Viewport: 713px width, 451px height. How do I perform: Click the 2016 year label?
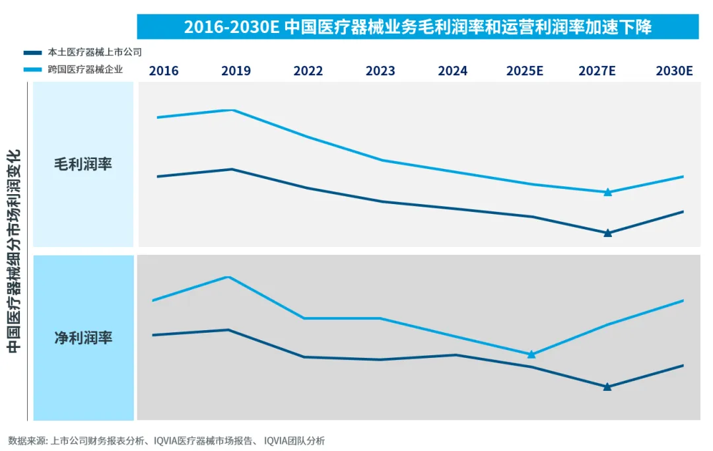[164, 71]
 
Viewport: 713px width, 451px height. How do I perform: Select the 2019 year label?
[236, 71]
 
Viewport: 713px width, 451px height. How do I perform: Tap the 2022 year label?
[308, 71]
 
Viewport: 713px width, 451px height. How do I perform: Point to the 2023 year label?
[380, 71]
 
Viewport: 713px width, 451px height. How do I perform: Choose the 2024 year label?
[452, 71]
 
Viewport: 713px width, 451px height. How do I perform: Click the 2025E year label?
[524, 71]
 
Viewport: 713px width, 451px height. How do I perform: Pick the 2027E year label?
[597, 71]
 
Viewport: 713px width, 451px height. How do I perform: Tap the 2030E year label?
[673, 71]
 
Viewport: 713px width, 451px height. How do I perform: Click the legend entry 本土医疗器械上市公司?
[94, 52]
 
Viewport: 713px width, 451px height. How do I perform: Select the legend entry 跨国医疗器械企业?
[85, 69]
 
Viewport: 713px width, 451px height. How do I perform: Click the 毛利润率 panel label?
[83, 164]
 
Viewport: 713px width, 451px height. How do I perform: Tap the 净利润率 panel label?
[83, 338]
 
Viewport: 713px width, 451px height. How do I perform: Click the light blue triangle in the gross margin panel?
[608, 192]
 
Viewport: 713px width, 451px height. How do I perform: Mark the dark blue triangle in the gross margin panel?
[608, 233]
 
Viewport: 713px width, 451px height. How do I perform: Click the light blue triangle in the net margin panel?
[531, 355]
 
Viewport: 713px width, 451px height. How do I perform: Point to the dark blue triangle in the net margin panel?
[607, 387]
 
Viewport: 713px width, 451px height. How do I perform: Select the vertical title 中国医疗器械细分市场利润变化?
[15, 251]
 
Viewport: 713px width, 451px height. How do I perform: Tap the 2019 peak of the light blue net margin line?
[228, 277]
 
